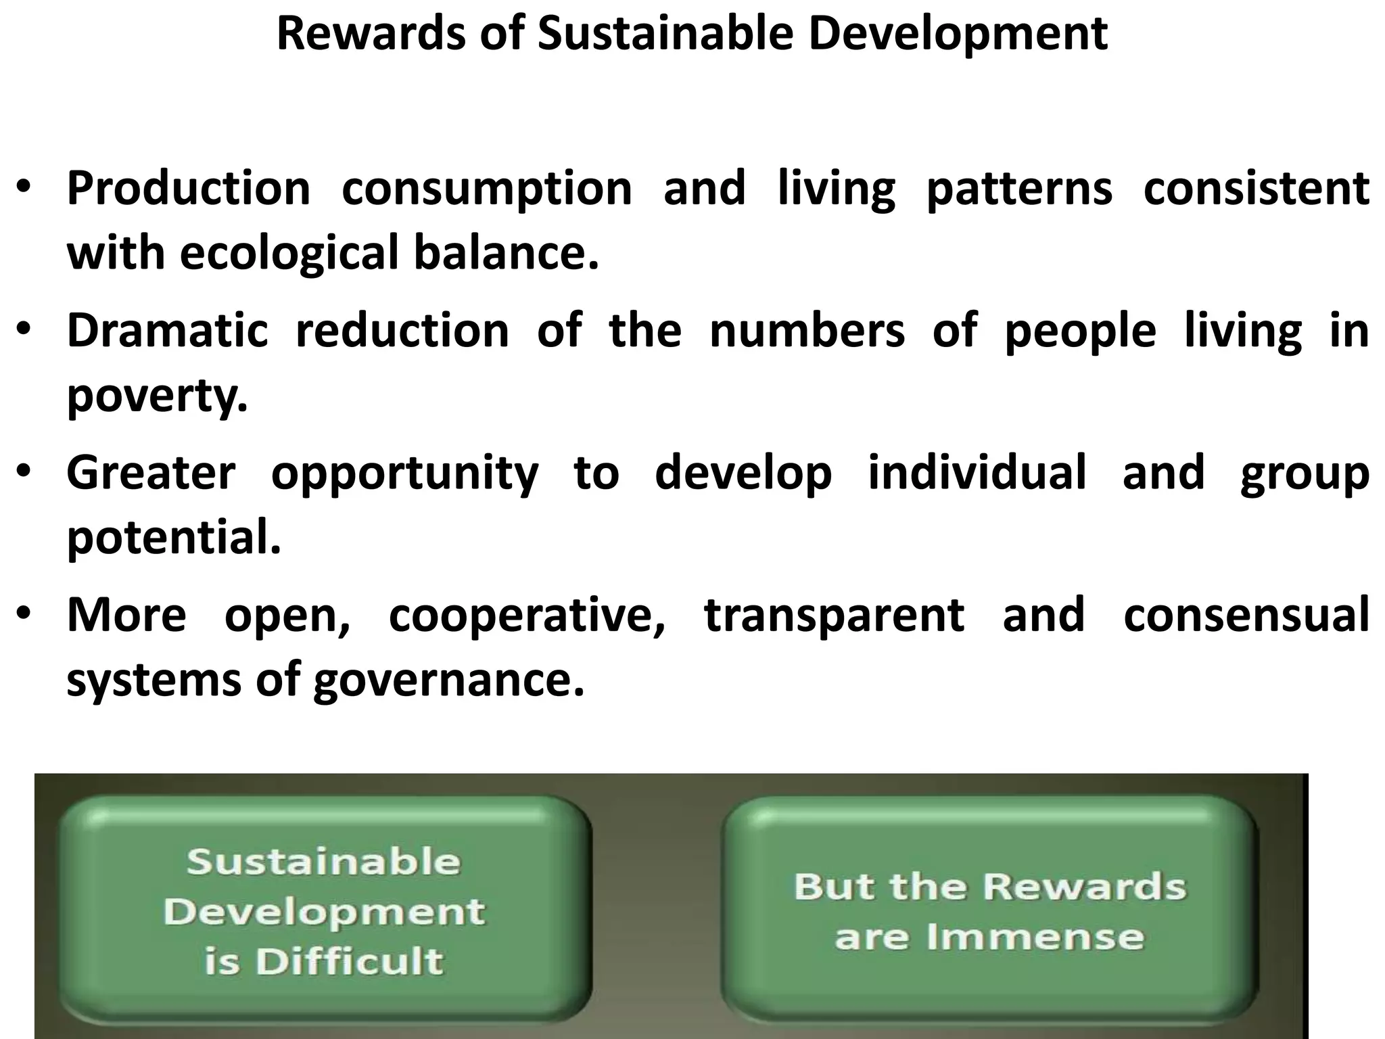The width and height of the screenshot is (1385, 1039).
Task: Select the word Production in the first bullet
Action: (x=188, y=189)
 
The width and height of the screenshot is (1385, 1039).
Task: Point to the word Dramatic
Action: (x=167, y=331)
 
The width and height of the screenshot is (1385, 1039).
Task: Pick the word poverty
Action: (x=157, y=396)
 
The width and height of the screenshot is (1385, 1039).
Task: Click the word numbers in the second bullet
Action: (x=807, y=331)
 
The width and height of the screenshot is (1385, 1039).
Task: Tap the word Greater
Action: (x=151, y=473)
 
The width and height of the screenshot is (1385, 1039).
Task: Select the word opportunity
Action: (x=404, y=474)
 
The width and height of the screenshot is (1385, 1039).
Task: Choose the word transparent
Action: (x=834, y=616)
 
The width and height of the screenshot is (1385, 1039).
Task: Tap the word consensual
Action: (x=1246, y=615)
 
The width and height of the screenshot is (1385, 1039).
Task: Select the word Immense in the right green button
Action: (x=1035, y=938)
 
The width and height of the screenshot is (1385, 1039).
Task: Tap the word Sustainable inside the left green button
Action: (x=323, y=862)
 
